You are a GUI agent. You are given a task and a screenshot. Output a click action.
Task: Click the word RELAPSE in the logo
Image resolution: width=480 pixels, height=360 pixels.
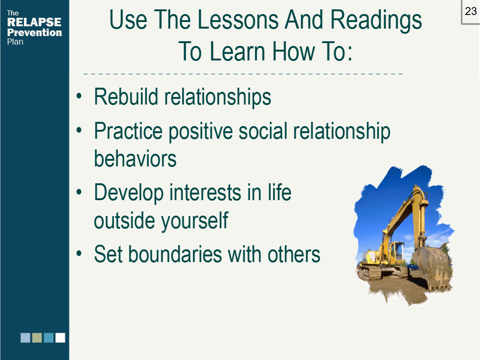point(34,22)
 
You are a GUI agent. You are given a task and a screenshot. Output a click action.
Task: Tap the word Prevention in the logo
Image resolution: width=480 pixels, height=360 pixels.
point(35,32)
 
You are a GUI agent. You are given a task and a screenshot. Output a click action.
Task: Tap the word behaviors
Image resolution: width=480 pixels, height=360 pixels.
point(135,158)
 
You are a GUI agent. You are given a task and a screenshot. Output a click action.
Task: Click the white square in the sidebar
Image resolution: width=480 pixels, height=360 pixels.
point(60,337)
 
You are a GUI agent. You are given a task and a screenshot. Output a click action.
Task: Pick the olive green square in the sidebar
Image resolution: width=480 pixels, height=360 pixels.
point(37,337)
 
